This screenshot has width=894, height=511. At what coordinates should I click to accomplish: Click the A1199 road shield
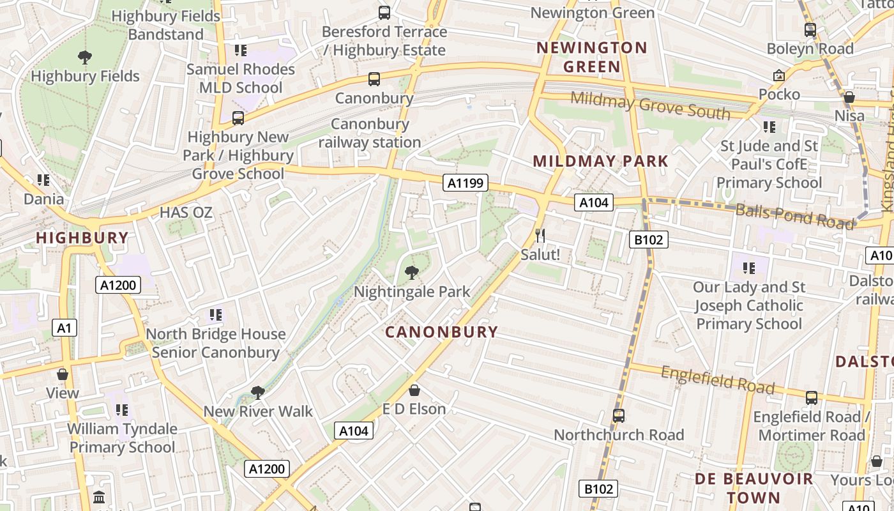(x=466, y=183)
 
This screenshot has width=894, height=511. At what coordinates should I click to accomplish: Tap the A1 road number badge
(x=64, y=328)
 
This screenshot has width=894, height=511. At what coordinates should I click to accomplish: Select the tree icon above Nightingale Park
(x=412, y=273)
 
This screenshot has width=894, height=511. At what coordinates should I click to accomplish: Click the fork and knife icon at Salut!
(x=540, y=236)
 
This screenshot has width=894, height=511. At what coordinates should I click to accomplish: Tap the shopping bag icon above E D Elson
(x=414, y=390)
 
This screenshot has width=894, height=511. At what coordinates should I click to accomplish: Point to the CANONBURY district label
(x=441, y=332)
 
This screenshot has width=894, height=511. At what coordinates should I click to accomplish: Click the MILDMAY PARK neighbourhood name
(x=600, y=161)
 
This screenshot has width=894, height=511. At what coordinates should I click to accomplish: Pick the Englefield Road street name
(x=717, y=379)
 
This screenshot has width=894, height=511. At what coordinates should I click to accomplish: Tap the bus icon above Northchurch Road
(x=618, y=416)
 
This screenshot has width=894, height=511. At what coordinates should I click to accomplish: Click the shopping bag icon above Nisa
(x=849, y=97)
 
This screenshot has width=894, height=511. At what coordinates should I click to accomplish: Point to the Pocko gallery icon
(x=778, y=76)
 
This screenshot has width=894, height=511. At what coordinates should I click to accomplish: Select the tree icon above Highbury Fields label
(x=84, y=57)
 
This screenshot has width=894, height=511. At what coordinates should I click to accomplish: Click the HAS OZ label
(x=186, y=212)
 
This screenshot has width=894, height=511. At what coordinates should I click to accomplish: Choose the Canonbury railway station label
(x=370, y=133)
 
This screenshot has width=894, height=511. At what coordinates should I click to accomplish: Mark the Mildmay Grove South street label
(x=650, y=105)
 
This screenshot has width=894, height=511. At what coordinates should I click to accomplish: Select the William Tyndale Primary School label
(x=122, y=438)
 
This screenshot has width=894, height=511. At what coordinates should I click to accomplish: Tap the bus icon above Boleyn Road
(x=810, y=29)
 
